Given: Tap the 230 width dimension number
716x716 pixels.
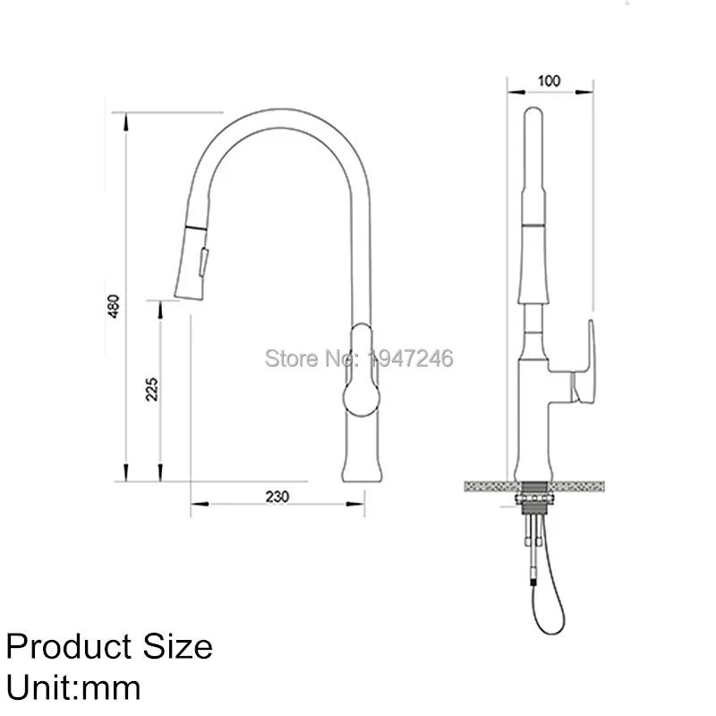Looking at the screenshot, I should pos(277,498).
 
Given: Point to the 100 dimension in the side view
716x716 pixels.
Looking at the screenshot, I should pos(549,81).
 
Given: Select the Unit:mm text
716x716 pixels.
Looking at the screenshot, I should pos(73,687).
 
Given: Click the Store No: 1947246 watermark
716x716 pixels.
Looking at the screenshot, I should pos(359,358).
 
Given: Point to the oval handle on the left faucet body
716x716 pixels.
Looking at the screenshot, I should pos(360,373).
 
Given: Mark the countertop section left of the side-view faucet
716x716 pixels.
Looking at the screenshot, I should pos(488,484).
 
